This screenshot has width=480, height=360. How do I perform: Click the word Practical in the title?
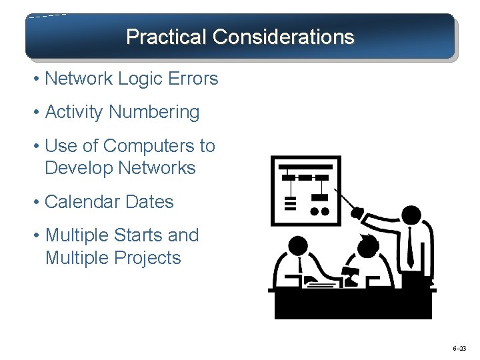point(167,37)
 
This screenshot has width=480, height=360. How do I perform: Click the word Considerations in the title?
point(283,37)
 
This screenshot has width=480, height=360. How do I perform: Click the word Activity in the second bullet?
point(74,113)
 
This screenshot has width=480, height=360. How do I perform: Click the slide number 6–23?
point(459,349)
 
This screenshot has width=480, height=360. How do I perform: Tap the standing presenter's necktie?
point(410,247)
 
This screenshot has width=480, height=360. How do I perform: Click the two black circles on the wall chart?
point(320,211)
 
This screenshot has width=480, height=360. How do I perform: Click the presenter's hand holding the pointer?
point(358,214)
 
